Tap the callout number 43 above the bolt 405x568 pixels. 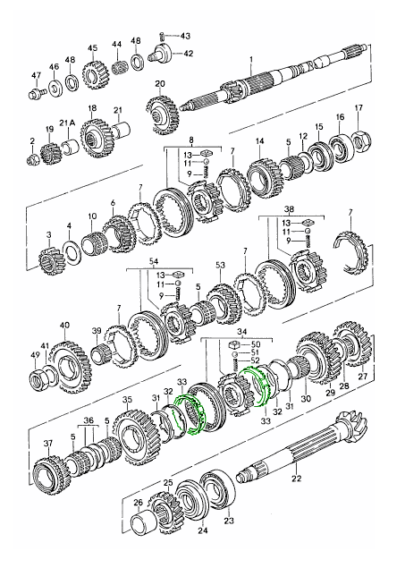click(x=185, y=36)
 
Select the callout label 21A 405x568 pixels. click(x=64, y=123)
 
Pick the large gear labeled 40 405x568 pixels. click(x=64, y=358)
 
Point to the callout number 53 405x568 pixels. click(x=218, y=265)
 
